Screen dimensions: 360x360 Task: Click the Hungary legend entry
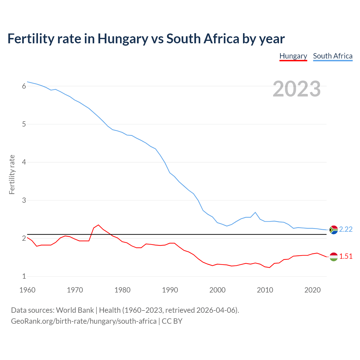[x=293, y=56]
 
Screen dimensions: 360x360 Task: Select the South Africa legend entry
[x=333, y=56]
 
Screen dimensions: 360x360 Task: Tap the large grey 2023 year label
[x=297, y=89]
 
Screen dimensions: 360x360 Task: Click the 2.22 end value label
[x=346, y=229]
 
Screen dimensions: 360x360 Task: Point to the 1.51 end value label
[x=346, y=256]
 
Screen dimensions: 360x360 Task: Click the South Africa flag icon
[x=334, y=230]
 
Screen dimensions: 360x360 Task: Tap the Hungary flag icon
[x=334, y=256]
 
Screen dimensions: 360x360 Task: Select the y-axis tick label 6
[x=24, y=86]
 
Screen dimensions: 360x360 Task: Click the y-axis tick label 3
[x=24, y=200]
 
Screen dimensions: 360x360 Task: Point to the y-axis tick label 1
[x=24, y=276]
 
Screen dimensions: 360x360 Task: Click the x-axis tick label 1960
[x=27, y=290]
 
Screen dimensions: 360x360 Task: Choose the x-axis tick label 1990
[x=170, y=290]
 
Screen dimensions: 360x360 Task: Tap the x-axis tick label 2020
[x=312, y=290]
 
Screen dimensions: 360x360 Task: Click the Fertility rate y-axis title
[x=12, y=174]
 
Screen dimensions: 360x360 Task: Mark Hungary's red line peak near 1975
[x=98, y=225]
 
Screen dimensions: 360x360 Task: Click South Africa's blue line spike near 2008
[x=255, y=212]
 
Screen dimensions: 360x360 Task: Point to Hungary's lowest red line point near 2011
[x=269, y=267]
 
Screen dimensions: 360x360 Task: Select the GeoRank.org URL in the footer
[x=84, y=321]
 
